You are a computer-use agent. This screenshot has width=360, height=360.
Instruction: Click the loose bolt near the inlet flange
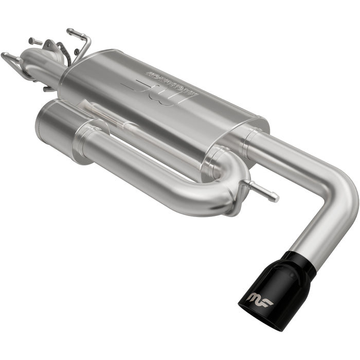click(35, 41)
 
